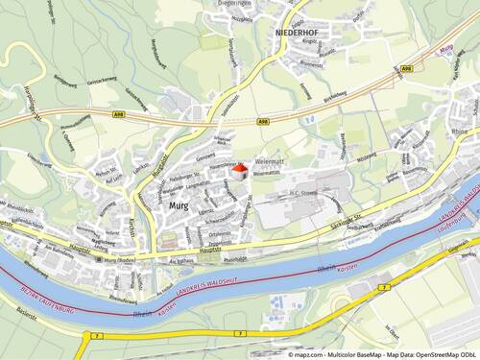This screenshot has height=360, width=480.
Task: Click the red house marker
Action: [239, 171]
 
